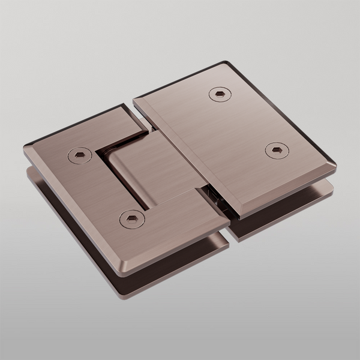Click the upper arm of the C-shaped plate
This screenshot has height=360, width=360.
tap(114, 129)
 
